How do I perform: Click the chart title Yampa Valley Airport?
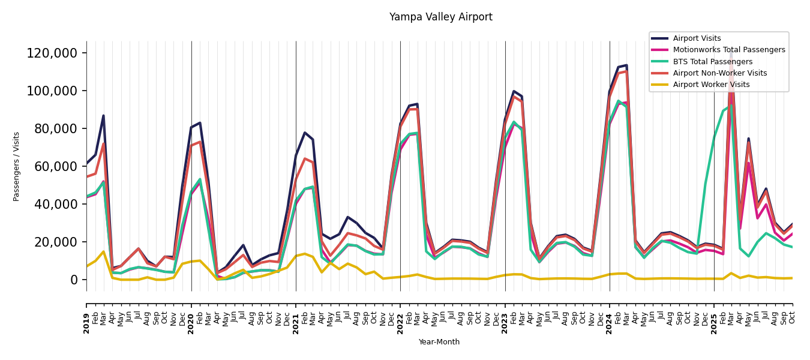440,17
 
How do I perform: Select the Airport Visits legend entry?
697,38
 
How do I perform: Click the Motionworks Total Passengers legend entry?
728,50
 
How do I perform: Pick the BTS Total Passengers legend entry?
712,62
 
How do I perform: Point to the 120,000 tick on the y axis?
52,53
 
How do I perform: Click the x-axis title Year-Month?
439,342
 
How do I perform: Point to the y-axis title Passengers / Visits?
17,166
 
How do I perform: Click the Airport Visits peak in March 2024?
626,65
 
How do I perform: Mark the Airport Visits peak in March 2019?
103,116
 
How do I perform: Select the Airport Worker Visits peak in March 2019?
103,252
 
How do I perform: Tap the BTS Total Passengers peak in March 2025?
731,106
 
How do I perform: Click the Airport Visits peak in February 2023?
514,91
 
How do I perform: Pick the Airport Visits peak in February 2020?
200,123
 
